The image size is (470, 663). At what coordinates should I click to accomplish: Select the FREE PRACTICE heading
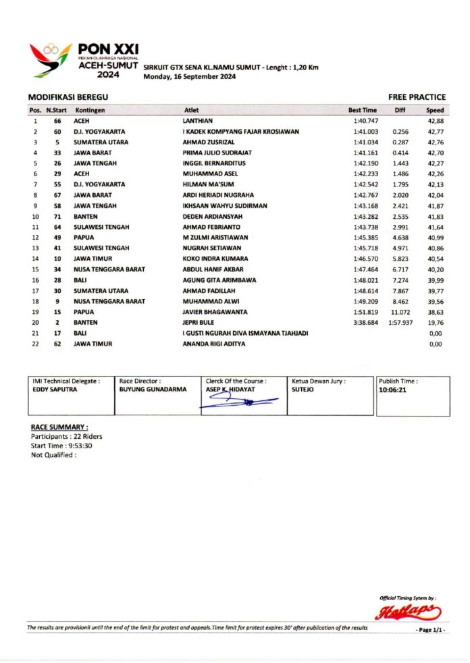[417, 97]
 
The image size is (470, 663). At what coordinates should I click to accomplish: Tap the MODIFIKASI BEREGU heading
[68, 97]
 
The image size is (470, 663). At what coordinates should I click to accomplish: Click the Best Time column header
[362, 109]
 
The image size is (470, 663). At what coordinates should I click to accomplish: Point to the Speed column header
[434, 109]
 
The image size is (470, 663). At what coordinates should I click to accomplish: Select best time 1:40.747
[365, 120]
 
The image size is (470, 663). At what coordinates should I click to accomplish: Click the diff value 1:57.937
[399, 323]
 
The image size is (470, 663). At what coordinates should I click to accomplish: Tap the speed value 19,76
[435, 323]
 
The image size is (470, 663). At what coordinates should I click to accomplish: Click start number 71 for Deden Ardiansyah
[57, 216]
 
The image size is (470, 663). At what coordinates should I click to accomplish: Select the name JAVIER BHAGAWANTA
[215, 312]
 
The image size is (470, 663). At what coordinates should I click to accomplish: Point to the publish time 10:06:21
[392, 390]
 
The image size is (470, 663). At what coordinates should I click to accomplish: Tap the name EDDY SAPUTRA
[53, 390]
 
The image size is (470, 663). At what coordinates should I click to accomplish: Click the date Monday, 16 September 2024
[189, 77]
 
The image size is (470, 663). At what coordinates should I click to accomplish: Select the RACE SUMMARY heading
[59, 427]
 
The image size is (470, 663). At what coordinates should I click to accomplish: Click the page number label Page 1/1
[430, 630]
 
